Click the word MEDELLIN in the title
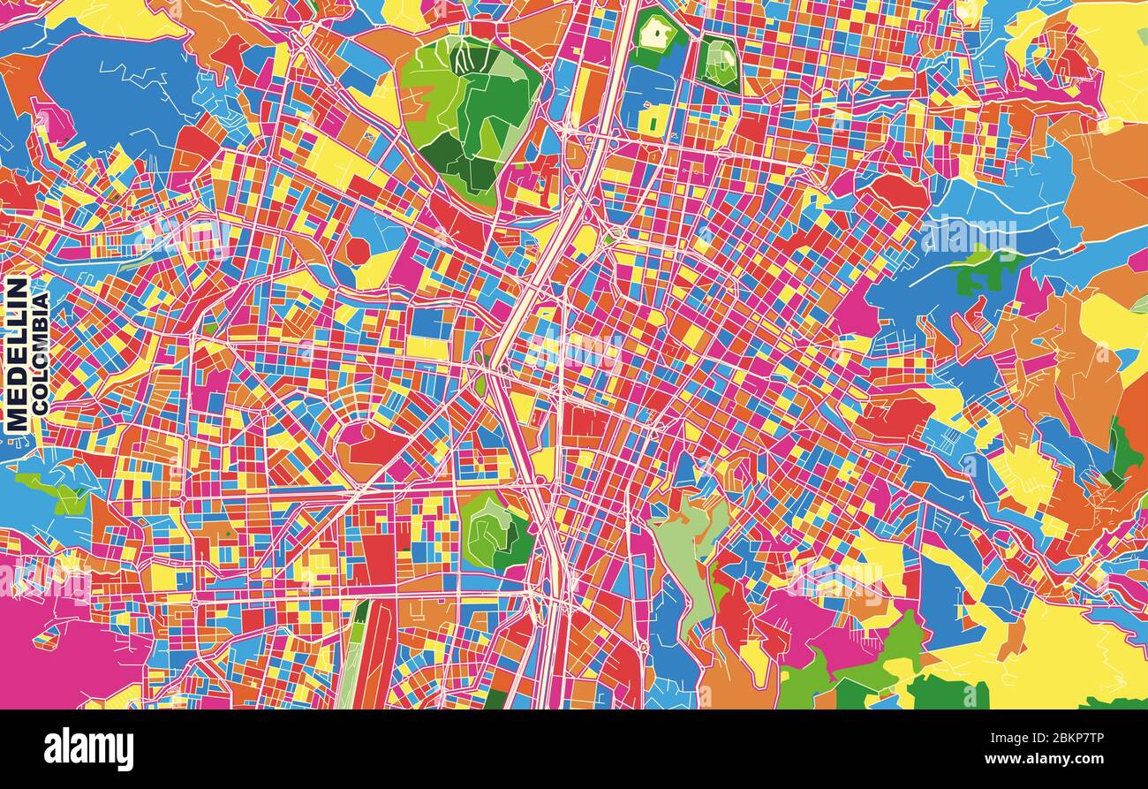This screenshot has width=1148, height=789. [x=17, y=355]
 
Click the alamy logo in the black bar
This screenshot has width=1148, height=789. [x=89, y=749]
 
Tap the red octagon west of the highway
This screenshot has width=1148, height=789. [x=357, y=251]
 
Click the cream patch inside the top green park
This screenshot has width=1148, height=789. [x=656, y=34]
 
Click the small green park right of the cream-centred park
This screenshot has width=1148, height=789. [x=719, y=64]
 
